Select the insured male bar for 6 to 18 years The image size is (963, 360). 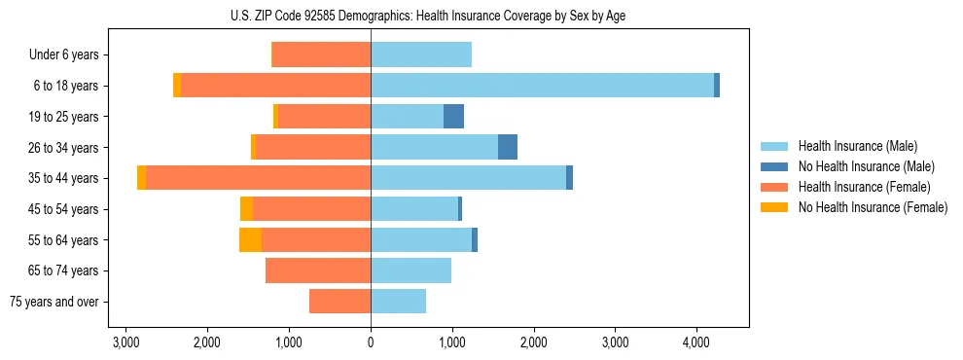tap(542, 86)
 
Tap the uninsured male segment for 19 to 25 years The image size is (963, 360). tap(453, 117)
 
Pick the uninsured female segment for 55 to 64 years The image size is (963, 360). tap(250, 240)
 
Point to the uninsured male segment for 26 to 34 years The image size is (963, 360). tap(508, 147)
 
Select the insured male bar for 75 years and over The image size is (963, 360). tap(398, 302)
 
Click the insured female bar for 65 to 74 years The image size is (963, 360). tap(318, 270)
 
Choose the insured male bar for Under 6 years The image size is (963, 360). tap(421, 54)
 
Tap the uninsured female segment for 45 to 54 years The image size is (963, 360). tap(246, 209)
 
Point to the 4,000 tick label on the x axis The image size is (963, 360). tap(695, 342)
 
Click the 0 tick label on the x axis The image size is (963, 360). tap(371, 342)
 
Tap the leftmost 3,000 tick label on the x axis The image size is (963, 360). tap(125, 342)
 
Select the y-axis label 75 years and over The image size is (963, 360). tap(54, 302)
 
